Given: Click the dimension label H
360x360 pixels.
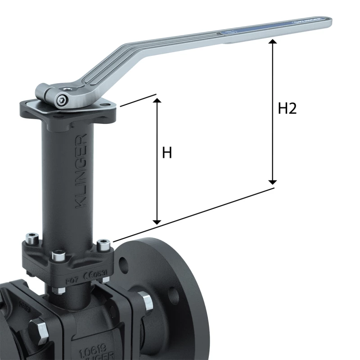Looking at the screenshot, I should [167, 153].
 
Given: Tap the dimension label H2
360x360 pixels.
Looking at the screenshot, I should [287, 108].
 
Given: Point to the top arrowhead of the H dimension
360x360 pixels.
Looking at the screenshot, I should [157, 99].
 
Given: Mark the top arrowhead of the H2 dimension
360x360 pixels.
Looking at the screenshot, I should [272, 42].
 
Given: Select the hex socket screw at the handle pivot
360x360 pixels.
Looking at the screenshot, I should [61, 99].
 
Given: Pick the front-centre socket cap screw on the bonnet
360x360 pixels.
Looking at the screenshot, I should [58, 256].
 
